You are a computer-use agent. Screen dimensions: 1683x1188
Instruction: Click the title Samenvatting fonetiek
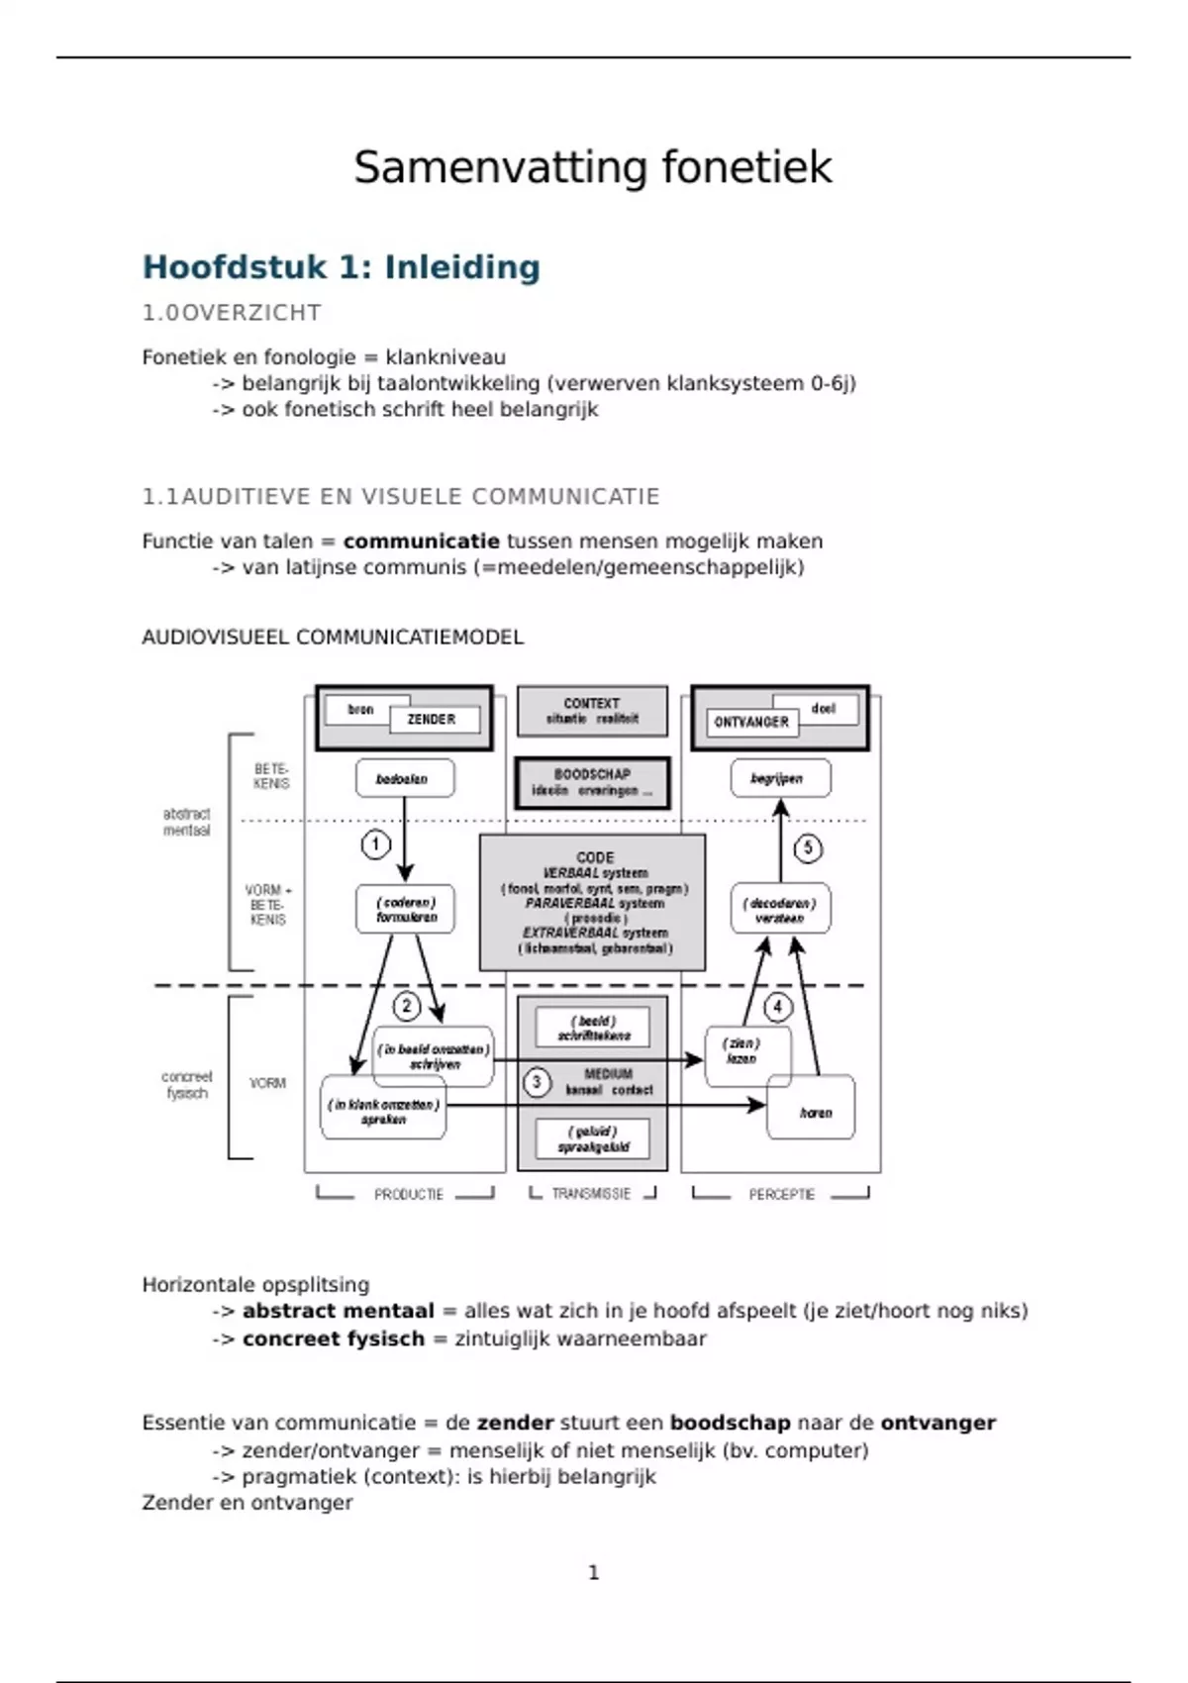(x=592, y=166)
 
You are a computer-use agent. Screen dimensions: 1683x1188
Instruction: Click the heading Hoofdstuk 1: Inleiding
(x=342, y=267)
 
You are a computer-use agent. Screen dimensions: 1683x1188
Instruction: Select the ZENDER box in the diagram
(x=433, y=720)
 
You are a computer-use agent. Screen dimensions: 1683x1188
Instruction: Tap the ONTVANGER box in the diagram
(x=751, y=722)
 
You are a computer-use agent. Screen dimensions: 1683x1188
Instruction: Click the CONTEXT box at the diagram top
(x=592, y=711)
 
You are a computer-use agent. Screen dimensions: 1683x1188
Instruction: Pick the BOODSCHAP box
(x=592, y=782)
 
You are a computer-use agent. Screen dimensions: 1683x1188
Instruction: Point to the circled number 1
(x=375, y=844)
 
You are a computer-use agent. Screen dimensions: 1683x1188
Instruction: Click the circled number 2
(x=407, y=1007)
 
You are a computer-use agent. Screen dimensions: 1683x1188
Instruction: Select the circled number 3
(x=537, y=1082)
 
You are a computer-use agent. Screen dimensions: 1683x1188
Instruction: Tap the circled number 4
(x=777, y=1007)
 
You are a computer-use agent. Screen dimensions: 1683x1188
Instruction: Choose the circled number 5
(x=808, y=848)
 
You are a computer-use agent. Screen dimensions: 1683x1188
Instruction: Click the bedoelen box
(x=404, y=779)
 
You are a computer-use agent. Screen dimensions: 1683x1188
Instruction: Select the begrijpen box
(x=779, y=779)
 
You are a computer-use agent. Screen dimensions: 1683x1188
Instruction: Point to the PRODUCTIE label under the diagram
(x=408, y=1195)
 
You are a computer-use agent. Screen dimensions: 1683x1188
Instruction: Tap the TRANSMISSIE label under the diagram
(x=591, y=1195)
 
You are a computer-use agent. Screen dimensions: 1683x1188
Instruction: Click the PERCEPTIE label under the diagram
(x=781, y=1195)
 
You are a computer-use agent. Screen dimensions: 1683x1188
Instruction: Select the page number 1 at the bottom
(x=593, y=1572)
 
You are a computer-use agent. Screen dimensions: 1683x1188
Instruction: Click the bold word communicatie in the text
(x=421, y=542)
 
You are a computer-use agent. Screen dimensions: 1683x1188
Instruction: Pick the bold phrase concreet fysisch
(x=333, y=1338)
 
